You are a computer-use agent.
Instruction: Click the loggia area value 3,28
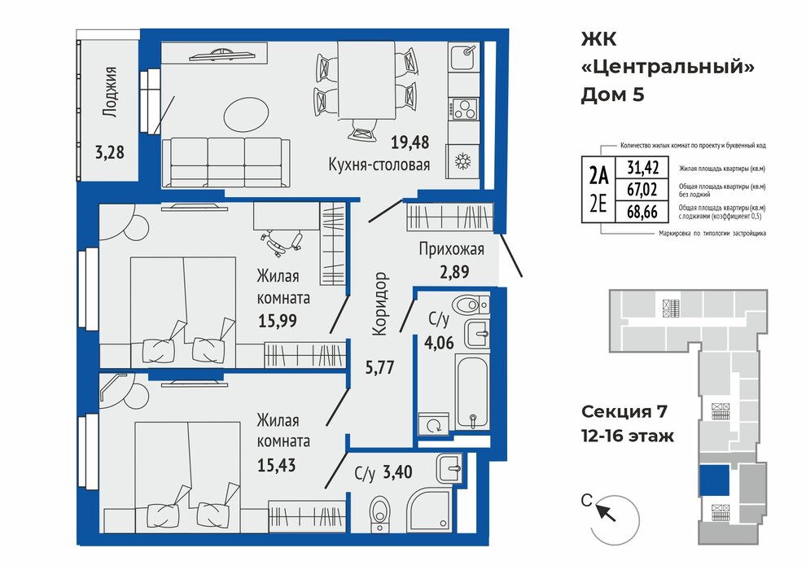(x=109, y=152)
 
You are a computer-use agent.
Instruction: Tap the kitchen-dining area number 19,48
(x=410, y=142)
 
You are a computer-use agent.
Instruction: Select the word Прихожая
(x=451, y=249)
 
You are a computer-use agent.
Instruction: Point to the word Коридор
(x=380, y=304)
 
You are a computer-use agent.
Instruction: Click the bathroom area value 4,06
(x=439, y=342)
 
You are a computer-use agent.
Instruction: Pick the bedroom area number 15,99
(x=278, y=321)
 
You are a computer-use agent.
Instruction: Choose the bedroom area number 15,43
(x=277, y=465)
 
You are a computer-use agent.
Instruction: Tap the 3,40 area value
(x=398, y=471)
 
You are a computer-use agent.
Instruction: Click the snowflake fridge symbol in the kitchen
(x=463, y=161)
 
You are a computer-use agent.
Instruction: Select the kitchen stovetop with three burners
(x=464, y=108)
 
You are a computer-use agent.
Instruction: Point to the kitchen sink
(x=464, y=58)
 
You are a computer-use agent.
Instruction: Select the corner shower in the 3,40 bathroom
(x=430, y=510)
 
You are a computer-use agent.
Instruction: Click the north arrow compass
(x=614, y=520)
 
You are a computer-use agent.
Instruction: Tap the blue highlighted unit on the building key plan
(x=715, y=480)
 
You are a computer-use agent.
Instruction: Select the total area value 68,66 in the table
(x=642, y=211)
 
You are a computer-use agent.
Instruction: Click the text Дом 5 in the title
(x=612, y=95)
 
